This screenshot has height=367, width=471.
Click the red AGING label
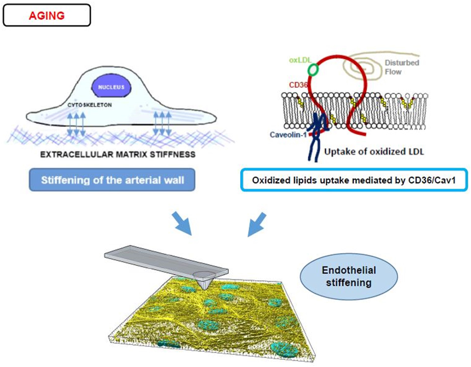click(46, 16)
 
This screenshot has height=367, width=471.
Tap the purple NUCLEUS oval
click(111, 87)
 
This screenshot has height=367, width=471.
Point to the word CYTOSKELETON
click(90, 105)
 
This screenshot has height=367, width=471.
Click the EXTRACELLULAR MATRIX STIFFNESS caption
click(118, 154)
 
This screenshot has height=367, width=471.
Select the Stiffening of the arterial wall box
click(112, 180)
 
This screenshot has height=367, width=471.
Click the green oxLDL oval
click(313, 69)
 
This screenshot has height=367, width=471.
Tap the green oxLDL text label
click(300, 60)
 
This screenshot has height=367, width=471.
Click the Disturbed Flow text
click(402, 67)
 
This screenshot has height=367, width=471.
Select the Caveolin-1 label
click(288, 135)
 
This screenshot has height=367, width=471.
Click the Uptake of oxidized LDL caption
click(374, 152)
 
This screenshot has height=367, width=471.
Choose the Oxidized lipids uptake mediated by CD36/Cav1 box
click(354, 180)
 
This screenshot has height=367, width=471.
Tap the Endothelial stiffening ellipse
click(349, 277)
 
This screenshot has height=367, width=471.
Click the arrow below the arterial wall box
click(182, 224)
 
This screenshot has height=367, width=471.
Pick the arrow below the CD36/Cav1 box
click(257, 225)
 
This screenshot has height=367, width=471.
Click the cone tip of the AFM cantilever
click(205, 286)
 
